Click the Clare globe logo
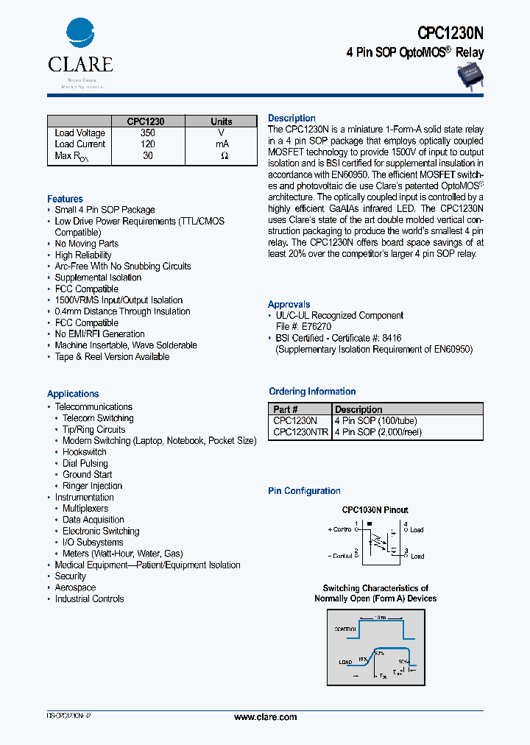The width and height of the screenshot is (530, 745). tap(80, 34)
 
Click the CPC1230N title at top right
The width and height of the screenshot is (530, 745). tap(451, 32)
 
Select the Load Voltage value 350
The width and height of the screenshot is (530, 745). tap(147, 133)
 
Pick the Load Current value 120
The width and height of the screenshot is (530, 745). tap(147, 144)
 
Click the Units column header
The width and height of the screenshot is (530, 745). tap(221, 121)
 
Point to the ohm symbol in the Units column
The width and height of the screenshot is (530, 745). tap(225, 156)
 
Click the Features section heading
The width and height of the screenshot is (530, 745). tap(65, 199)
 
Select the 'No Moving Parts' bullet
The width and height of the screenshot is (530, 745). tap(86, 244)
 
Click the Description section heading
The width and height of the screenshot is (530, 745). tap(291, 119)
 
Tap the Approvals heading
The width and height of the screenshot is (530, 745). tap(289, 305)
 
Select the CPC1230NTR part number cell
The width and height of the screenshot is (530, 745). tap(300, 433)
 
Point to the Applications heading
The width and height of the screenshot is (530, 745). tap(73, 394)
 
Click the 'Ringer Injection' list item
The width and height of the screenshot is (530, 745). tap(92, 486)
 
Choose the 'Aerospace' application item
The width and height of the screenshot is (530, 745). tap(75, 587)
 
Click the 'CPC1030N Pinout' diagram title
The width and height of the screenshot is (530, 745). tap(375, 509)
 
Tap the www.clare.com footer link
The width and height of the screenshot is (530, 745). tap(265, 717)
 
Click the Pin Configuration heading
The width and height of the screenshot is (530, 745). tap(304, 491)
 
